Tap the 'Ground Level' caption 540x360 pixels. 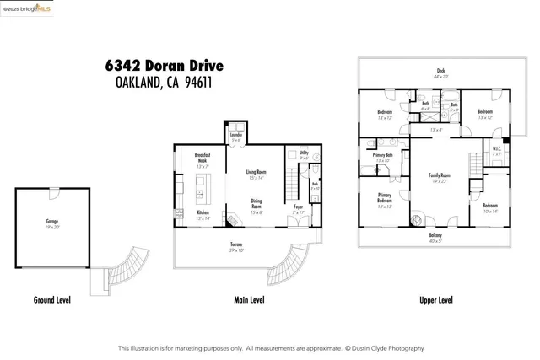pos(51,300)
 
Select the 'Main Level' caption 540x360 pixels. pos(248,300)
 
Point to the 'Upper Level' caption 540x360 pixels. pos(435,300)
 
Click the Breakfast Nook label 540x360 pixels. pos(202,157)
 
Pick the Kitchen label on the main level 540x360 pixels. pos(202,212)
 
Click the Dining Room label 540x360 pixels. pos(256,203)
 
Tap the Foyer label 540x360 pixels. pos(298,207)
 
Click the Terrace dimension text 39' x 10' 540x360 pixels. pos(237,250)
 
